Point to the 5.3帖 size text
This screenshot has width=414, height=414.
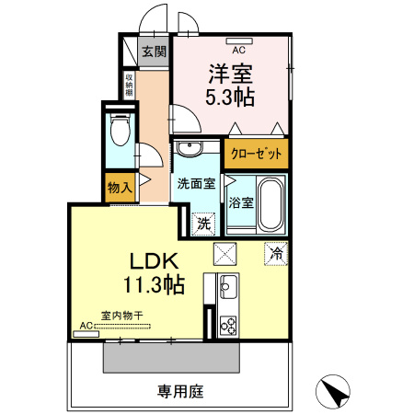tap(231, 95)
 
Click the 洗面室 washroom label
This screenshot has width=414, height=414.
tap(196, 182)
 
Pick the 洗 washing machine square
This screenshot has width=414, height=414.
tap(202, 222)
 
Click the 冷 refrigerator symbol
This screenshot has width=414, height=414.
tap(275, 251)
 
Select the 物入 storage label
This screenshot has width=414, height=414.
tap(121, 187)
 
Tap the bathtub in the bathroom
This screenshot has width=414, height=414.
tap(270, 204)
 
